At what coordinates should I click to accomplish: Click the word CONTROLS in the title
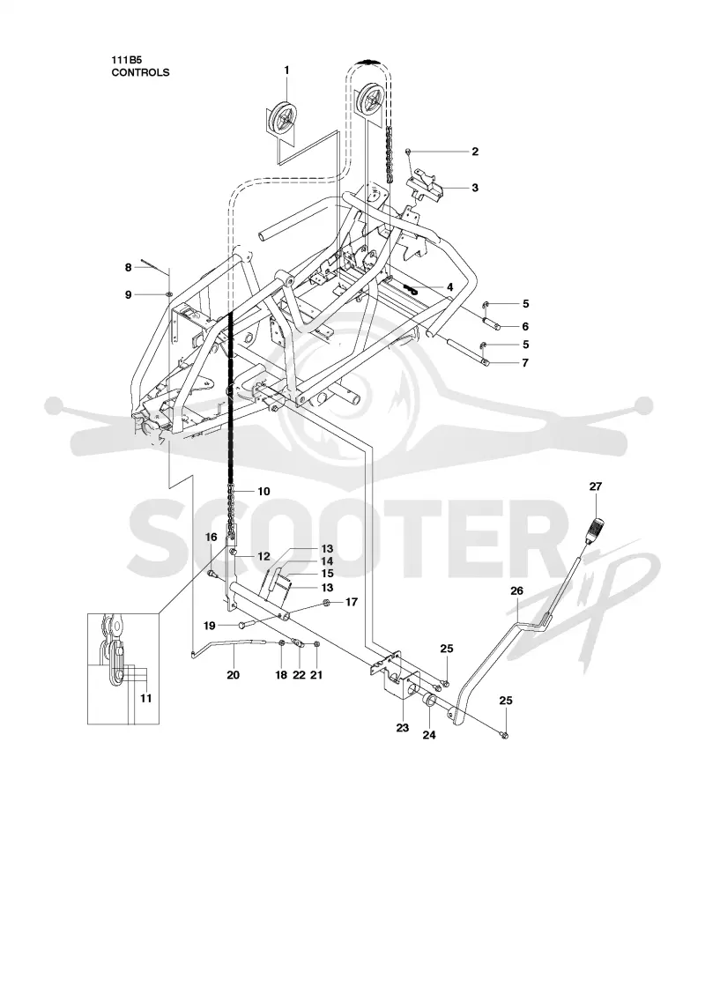click(x=140, y=72)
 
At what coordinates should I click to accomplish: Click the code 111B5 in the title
click(x=124, y=61)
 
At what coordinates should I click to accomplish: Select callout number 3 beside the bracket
click(x=475, y=188)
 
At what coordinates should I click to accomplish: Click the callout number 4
click(x=449, y=287)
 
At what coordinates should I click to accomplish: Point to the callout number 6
click(x=525, y=326)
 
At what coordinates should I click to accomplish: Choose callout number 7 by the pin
click(x=525, y=362)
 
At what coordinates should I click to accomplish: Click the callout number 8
click(x=129, y=268)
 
